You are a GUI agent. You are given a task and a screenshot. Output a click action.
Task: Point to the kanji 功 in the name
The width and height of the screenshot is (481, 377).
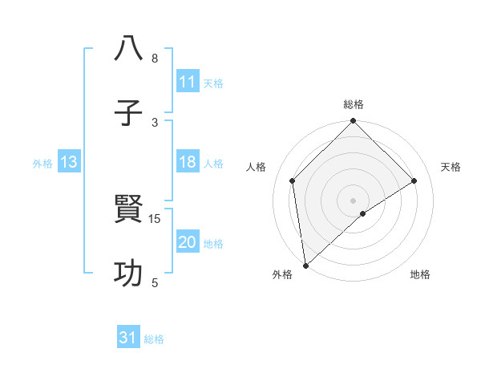(128, 274)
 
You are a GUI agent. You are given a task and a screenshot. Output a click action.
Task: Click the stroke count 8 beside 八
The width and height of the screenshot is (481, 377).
(155, 59)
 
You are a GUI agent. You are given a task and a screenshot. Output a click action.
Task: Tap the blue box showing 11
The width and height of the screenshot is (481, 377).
(188, 82)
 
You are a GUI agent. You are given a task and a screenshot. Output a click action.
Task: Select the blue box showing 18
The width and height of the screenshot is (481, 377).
(188, 162)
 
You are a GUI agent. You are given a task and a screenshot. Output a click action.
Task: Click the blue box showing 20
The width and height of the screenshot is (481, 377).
(188, 242)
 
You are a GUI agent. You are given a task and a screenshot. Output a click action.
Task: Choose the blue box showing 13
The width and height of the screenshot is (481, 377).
(69, 162)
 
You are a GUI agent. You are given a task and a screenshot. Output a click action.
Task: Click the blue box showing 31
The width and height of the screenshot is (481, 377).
(128, 338)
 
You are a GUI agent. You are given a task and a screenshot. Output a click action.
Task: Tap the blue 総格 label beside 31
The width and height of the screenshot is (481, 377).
(154, 339)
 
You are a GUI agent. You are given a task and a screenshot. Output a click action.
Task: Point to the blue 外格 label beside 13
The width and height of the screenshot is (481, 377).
(42, 163)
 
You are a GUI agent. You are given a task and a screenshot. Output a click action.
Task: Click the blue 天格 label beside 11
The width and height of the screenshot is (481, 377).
(213, 83)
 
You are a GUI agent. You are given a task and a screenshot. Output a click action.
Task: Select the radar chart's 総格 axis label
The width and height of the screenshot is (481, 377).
(354, 104)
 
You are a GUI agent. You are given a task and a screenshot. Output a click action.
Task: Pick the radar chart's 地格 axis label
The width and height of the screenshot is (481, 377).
(420, 274)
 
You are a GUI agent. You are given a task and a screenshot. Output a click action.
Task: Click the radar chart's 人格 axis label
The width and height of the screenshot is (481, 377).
(257, 167)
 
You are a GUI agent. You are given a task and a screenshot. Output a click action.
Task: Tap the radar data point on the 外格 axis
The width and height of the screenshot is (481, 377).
(305, 266)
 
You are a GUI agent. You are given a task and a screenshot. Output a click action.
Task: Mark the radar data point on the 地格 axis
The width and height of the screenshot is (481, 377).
(363, 213)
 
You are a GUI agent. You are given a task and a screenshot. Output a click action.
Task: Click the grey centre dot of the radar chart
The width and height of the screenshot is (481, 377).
(354, 200)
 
